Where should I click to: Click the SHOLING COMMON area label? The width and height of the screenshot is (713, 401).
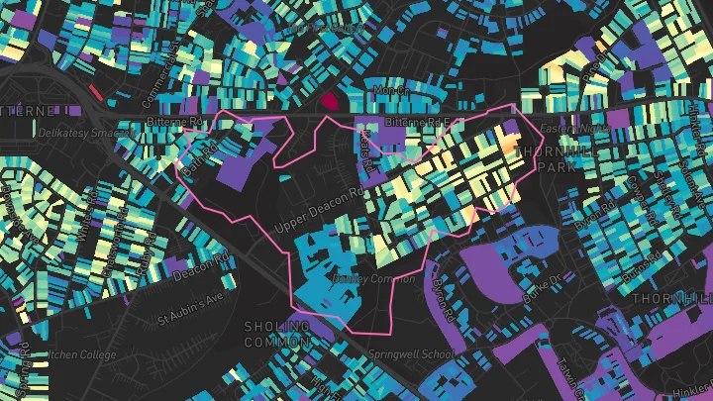click(276, 332)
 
